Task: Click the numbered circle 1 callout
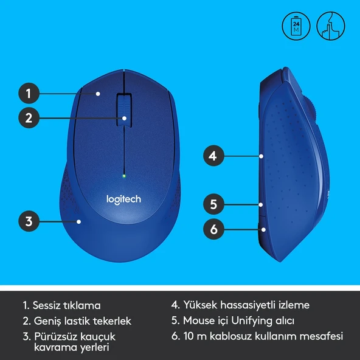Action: pyautogui.click(x=29, y=94)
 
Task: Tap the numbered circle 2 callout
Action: pyautogui.click(x=29, y=117)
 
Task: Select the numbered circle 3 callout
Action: pyautogui.click(x=29, y=221)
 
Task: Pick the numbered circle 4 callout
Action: pyautogui.click(x=212, y=156)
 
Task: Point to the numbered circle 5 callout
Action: pyautogui.click(x=212, y=204)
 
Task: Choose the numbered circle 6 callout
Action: pyautogui.click(x=212, y=229)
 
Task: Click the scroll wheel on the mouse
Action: pyautogui.click(x=124, y=108)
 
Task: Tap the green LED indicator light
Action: pyautogui.click(x=124, y=176)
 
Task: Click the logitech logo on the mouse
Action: pyautogui.click(x=123, y=199)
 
